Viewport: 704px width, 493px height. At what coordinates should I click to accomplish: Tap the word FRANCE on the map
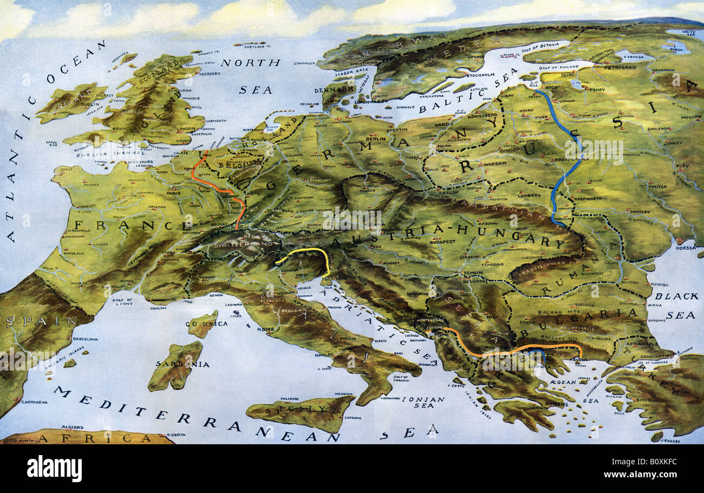(x=133, y=225)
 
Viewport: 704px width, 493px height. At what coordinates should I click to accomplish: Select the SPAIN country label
(x=41, y=321)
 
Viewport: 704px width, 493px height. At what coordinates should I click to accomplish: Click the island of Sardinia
(x=175, y=366)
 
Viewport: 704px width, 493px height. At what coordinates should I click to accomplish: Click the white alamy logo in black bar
(x=54, y=469)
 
